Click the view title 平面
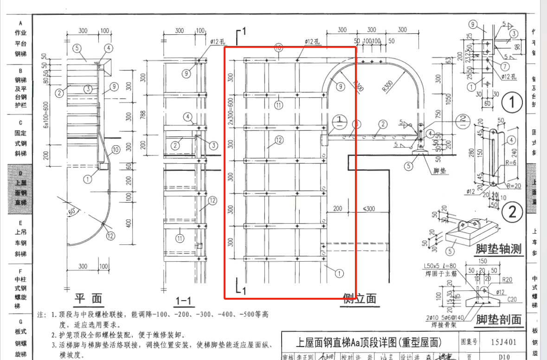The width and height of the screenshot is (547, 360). tap(90, 298)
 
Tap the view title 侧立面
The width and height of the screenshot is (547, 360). tap(359, 298)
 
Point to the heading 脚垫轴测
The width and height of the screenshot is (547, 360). tap(498, 249)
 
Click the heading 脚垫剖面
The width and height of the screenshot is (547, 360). tap(498, 319)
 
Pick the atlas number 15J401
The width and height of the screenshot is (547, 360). tap(503, 342)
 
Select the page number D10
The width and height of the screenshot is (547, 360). tap(504, 357)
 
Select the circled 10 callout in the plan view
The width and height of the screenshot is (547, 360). tap(116, 149)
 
